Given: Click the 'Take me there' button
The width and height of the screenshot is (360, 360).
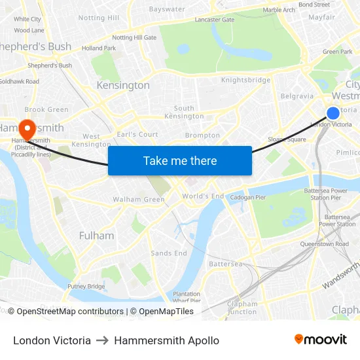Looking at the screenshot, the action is (x=179, y=160).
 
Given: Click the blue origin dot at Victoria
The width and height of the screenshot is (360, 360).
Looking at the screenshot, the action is (x=333, y=113).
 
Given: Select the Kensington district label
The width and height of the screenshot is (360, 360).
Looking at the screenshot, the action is (x=123, y=86).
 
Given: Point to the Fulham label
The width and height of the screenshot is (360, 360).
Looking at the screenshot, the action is (x=96, y=236).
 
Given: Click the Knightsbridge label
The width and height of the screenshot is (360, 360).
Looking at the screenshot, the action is (x=245, y=81).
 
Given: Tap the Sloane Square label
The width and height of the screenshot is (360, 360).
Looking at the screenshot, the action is (x=287, y=139).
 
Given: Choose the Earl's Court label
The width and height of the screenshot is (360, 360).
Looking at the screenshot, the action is (x=137, y=134).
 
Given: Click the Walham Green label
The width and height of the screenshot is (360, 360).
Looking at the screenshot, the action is (x=139, y=200).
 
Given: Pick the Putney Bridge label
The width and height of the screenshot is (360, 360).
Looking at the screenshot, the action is (x=86, y=287).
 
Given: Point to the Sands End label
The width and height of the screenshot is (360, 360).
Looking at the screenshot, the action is (x=169, y=253).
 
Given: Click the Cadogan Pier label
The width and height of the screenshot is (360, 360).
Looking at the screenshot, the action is (x=247, y=197).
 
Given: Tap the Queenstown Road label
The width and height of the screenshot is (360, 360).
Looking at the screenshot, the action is (x=324, y=243).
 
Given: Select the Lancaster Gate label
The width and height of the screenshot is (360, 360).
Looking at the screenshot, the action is (x=214, y=20).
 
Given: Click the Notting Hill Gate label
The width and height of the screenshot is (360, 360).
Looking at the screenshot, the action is (x=134, y=38).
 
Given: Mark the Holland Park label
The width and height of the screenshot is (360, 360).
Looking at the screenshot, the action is (x=99, y=48).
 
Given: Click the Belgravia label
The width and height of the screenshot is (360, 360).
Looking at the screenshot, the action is (x=297, y=96).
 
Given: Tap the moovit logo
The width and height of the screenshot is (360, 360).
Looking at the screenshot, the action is (x=321, y=340).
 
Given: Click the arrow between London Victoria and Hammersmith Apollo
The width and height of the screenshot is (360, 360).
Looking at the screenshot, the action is (x=102, y=340).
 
